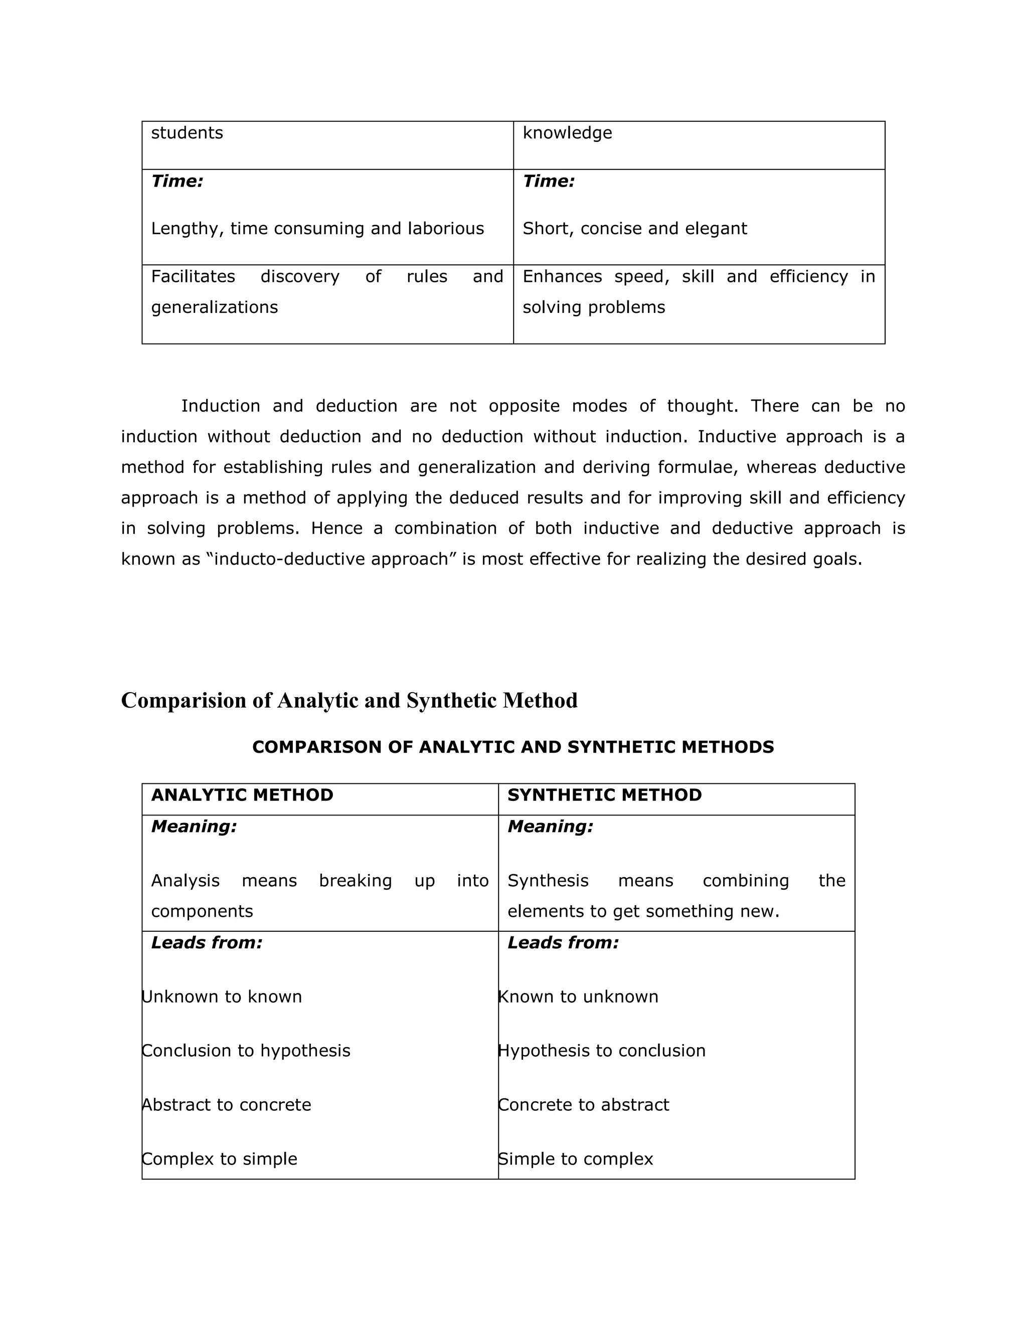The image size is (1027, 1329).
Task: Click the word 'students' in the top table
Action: pyautogui.click(x=187, y=133)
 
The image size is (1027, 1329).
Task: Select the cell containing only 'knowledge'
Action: pyautogui.click(x=699, y=145)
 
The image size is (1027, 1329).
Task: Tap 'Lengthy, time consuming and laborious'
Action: pyautogui.click(x=317, y=228)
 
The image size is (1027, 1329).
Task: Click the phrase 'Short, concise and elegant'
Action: pyautogui.click(x=634, y=228)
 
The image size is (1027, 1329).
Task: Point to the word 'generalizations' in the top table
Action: pyautogui.click(x=214, y=307)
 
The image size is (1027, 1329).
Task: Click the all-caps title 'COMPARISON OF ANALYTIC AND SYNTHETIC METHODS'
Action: pyautogui.click(x=513, y=747)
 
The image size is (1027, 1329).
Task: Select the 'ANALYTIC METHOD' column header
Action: pyautogui.click(x=242, y=795)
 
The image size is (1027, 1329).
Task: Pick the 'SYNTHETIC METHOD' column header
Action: pyautogui.click(x=604, y=795)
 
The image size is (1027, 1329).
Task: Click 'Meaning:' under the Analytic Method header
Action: pyautogui.click(x=194, y=826)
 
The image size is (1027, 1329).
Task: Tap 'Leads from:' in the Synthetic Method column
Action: pyautogui.click(x=563, y=943)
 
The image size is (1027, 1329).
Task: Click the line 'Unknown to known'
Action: pyautogui.click(x=222, y=997)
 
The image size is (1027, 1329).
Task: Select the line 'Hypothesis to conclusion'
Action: pyautogui.click(x=601, y=1051)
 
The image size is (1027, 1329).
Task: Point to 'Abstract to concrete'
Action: pyautogui.click(x=226, y=1104)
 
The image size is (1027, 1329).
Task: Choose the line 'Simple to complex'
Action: pyautogui.click(x=575, y=1158)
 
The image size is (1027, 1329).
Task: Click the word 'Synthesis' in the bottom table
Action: pyautogui.click(x=548, y=881)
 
